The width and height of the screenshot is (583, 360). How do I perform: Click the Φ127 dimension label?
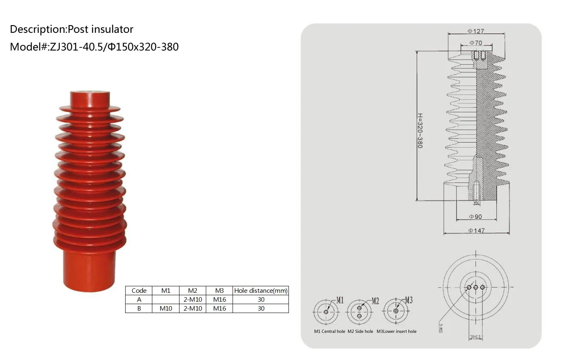click(x=476, y=31)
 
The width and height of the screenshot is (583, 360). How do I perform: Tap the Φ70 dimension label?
click(x=476, y=43)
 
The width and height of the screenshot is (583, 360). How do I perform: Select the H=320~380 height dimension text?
click(x=420, y=131)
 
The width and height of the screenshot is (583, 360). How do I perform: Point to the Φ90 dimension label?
click(x=476, y=217)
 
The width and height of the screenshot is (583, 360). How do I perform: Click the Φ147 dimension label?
click(x=476, y=230)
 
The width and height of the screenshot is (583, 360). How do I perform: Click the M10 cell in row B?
click(x=166, y=308)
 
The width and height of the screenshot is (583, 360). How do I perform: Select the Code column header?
click(x=139, y=290)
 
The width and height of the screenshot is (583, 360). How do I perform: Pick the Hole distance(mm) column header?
click(x=261, y=290)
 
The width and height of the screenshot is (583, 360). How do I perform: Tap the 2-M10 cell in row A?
click(x=192, y=299)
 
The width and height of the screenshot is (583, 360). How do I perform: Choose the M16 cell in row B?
click(x=219, y=308)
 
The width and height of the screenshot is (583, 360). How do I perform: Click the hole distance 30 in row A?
click(x=261, y=299)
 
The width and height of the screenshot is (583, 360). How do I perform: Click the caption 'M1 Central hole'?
click(x=329, y=331)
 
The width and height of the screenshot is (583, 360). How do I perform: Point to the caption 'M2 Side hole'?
click(x=360, y=331)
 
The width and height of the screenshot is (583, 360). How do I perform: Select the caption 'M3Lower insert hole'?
click(x=396, y=331)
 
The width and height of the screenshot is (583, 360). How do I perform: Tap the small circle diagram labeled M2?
click(x=359, y=312)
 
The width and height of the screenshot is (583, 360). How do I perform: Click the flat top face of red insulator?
click(x=90, y=93)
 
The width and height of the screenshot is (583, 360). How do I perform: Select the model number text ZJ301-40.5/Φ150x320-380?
click(x=113, y=47)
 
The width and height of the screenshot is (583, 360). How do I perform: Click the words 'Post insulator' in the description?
click(x=100, y=29)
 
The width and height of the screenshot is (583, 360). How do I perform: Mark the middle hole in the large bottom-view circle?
click(x=476, y=287)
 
